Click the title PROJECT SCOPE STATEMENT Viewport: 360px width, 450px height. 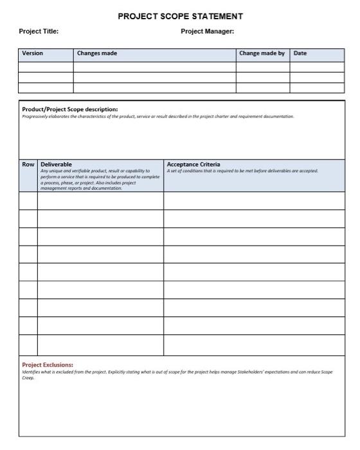(180, 16)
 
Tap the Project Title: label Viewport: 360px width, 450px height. (39, 31)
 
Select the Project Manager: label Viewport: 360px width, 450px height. (208, 31)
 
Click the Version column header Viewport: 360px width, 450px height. (33, 53)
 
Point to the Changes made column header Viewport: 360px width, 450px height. (97, 53)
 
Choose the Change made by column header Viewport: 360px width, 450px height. (262, 53)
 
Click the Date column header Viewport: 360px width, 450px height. (300, 53)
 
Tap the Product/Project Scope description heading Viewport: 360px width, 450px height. (70, 109)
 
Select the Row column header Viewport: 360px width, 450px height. (28, 165)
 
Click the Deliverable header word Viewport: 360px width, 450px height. (56, 165)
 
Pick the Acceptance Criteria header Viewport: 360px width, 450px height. (193, 165)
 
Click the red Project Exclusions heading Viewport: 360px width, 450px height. (48, 364)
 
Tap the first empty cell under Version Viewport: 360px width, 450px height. (46, 66)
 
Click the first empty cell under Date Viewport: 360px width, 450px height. (317, 66)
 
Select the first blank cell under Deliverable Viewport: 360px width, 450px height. (100, 201)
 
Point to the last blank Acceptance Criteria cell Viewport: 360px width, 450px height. (254, 345)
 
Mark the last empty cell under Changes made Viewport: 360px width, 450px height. (154, 87)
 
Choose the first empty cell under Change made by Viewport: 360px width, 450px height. (262, 66)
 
